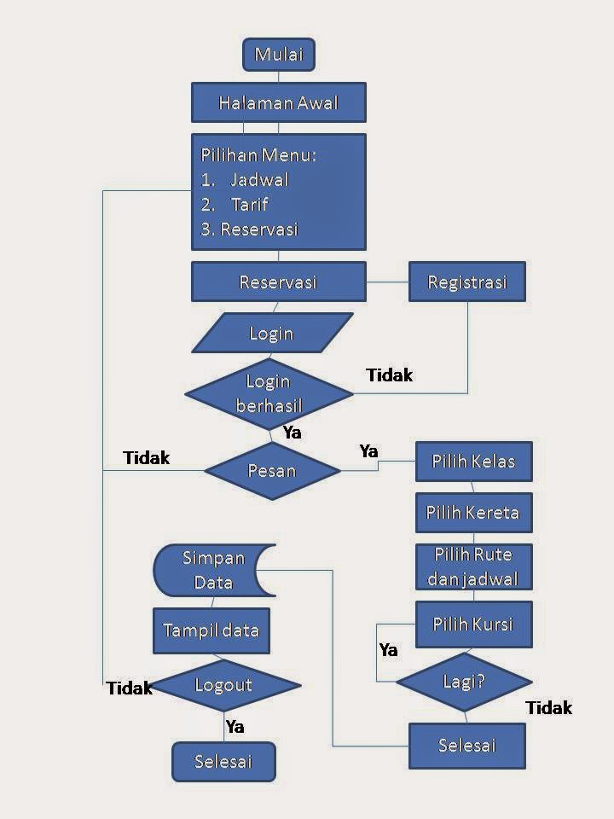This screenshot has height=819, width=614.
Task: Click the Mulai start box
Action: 279,55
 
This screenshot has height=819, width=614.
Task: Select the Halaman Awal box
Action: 279,103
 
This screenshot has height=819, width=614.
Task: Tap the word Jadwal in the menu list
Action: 259,180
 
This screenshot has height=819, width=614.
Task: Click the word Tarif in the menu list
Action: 249,205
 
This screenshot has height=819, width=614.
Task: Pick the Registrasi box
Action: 466,282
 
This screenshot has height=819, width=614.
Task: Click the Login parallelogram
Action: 272,333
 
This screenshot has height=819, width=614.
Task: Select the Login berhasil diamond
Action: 269,393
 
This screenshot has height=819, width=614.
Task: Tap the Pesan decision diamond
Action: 272,470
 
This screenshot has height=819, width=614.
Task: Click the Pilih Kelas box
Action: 473,462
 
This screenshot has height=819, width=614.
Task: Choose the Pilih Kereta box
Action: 473,514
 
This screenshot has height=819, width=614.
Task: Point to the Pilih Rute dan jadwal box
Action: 473,566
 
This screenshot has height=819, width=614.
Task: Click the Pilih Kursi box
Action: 473,624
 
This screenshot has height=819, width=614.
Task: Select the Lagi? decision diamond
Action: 464,682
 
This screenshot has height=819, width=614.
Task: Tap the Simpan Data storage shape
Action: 213,571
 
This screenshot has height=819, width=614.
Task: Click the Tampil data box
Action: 211,632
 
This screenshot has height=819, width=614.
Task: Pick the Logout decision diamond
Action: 223,685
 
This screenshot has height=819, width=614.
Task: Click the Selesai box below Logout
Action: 223,761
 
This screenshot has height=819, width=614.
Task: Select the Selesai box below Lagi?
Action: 466,746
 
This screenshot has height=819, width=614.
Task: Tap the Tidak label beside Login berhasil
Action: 389,375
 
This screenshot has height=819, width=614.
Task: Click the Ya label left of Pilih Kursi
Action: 388,650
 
